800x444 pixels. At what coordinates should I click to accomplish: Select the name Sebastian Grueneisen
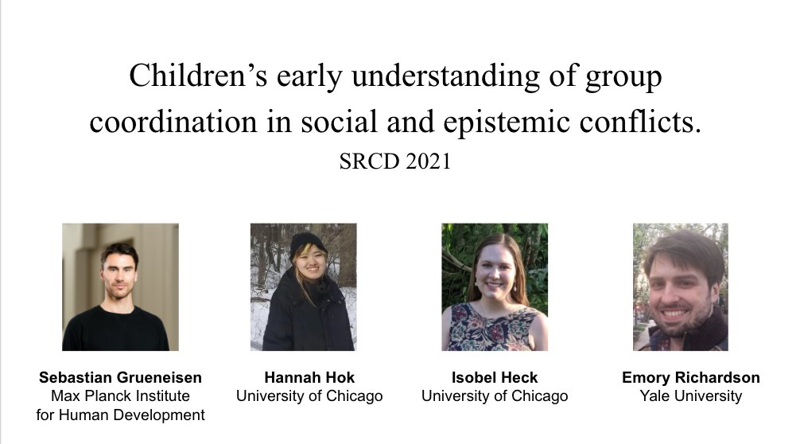point(120,377)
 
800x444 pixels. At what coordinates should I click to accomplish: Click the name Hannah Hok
point(309,377)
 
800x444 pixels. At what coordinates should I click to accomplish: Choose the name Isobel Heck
point(495,377)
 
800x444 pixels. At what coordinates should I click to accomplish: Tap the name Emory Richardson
point(690,377)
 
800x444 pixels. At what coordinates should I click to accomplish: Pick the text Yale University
point(690,395)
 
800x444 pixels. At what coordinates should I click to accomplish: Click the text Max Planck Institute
point(120,395)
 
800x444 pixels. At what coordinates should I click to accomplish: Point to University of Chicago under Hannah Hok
point(309,395)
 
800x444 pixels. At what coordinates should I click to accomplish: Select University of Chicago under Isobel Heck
point(495,395)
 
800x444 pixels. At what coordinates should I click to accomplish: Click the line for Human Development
point(120,415)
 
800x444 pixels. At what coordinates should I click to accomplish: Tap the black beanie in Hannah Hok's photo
point(306,243)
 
